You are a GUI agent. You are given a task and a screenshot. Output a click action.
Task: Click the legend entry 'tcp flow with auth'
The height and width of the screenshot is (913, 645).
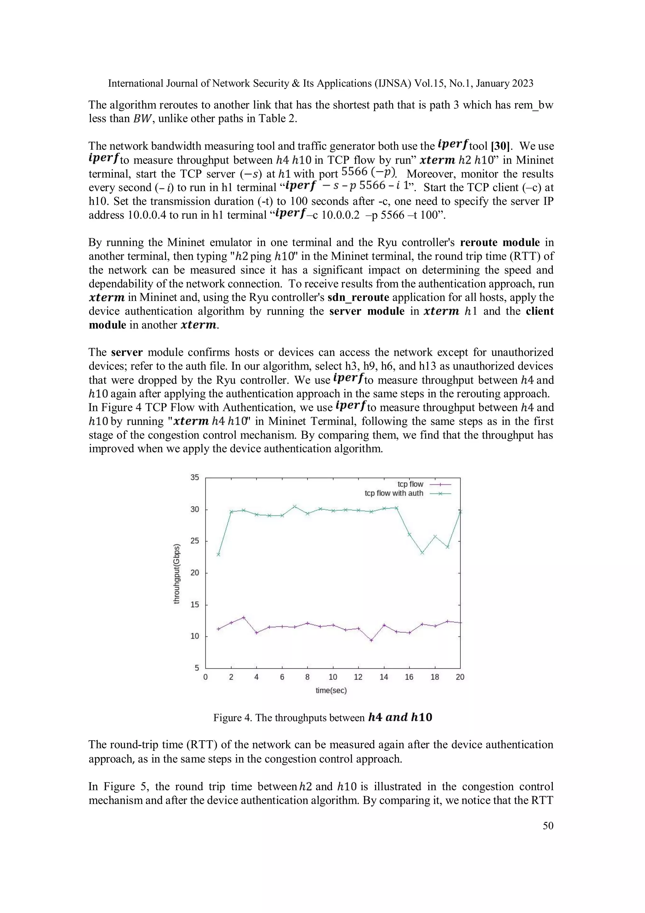(393, 493)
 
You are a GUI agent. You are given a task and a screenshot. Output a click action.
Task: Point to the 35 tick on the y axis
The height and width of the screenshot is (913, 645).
(194, 477)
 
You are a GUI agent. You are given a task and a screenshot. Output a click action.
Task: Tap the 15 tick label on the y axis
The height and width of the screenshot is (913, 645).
(194, 604)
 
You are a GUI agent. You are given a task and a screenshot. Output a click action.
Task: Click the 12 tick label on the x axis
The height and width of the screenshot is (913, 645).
(358, 677)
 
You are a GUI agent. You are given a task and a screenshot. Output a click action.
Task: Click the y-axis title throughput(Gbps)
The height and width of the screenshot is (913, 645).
(177, 573)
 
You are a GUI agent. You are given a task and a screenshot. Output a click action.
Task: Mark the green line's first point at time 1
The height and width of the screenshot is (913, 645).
(218, 554)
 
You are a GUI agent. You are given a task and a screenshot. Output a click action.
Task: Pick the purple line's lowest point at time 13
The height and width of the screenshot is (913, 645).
(371, 640)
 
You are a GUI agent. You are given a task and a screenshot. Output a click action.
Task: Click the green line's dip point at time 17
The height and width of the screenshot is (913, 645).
(422, 553)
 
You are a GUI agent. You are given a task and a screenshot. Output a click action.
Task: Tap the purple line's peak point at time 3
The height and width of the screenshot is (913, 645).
(244, 618)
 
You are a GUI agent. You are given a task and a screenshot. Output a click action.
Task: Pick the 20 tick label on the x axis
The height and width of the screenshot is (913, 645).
(460, 677)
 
